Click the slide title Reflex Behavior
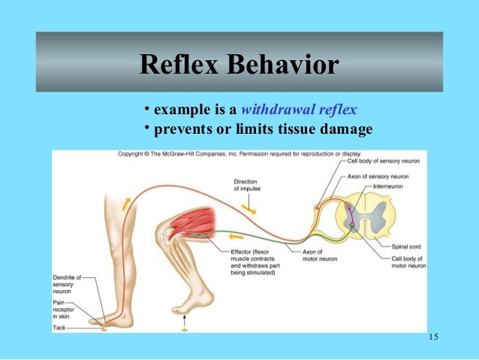(x=239, y=67)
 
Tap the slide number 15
(x=433, y=335)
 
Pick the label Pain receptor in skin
(x=65, y=306)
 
